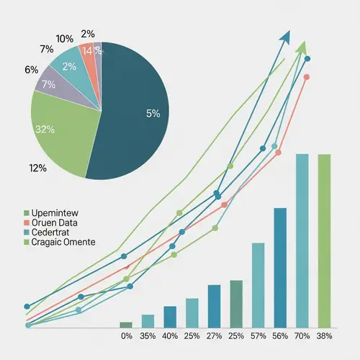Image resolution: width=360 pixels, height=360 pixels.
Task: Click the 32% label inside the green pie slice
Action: [x=45, y=130]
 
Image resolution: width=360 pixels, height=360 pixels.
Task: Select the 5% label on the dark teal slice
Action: [x=153, y=113]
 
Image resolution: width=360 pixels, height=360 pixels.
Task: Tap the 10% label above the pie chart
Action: [x=65, y=39]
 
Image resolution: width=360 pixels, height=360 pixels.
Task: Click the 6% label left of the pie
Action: [x=31, y=70]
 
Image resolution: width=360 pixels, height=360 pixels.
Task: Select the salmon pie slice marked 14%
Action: [x=88, y=53]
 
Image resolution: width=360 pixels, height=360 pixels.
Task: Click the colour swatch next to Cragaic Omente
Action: [x=27, y=243]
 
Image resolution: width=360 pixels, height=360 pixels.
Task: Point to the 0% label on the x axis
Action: [x=126, y=336]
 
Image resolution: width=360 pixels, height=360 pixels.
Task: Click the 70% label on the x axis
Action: [x=302, y=336]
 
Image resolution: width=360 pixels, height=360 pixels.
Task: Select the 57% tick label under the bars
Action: [x=258, y=336]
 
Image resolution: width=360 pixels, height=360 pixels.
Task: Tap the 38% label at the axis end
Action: [x=325, y=336]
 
